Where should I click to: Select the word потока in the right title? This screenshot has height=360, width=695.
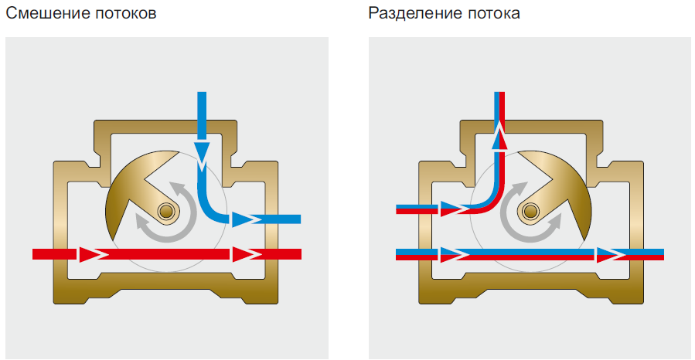491,14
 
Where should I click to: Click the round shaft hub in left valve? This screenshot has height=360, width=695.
165,210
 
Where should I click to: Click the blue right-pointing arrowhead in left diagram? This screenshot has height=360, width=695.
243,219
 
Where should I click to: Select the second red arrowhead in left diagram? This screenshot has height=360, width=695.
242,253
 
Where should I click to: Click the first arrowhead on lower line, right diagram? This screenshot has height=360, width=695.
448,253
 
